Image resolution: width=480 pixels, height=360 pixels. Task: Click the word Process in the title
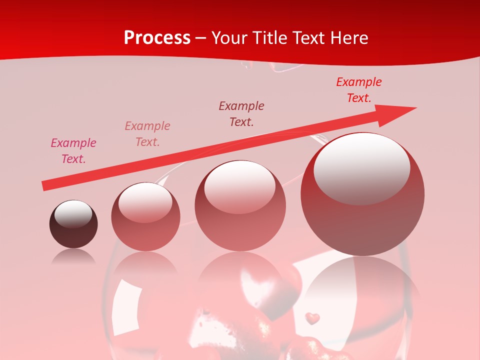coord(157,38)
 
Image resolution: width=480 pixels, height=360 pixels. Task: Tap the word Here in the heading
coord(348,38)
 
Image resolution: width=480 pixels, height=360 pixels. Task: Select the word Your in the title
coord(230,38)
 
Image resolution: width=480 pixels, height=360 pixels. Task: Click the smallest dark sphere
coord(73,224)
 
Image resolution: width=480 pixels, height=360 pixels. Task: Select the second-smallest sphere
coord(145,216)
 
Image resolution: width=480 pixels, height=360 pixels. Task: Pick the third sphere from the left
coord(240,205)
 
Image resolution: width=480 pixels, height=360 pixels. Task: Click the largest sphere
coord(362,194)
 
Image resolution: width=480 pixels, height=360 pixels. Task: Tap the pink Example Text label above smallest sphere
coord(73,151)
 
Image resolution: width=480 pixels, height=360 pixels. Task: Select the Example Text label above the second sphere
coord(147,133)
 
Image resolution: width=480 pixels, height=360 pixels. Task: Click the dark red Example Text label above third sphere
coord(241,113)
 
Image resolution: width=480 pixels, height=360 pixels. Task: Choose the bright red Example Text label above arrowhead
coord(359,90)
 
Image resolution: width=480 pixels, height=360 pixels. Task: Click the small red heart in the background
coord(312,318)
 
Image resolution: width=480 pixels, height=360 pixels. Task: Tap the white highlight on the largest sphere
coord(361,167)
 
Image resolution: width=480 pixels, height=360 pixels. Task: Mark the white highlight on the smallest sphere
coord(73,214)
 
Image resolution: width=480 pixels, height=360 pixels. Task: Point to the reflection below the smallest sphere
coord(73,256)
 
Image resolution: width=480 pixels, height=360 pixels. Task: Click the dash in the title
coord(200,38)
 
